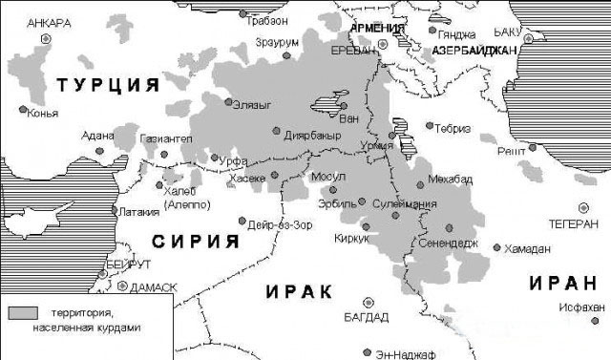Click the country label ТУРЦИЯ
click(107, 87)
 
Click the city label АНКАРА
click(51, 23)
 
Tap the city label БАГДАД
click(367, 317)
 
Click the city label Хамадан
click(528, 248)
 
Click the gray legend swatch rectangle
click(24, 312)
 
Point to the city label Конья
click(43, 114)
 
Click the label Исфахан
click(585, 307)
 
